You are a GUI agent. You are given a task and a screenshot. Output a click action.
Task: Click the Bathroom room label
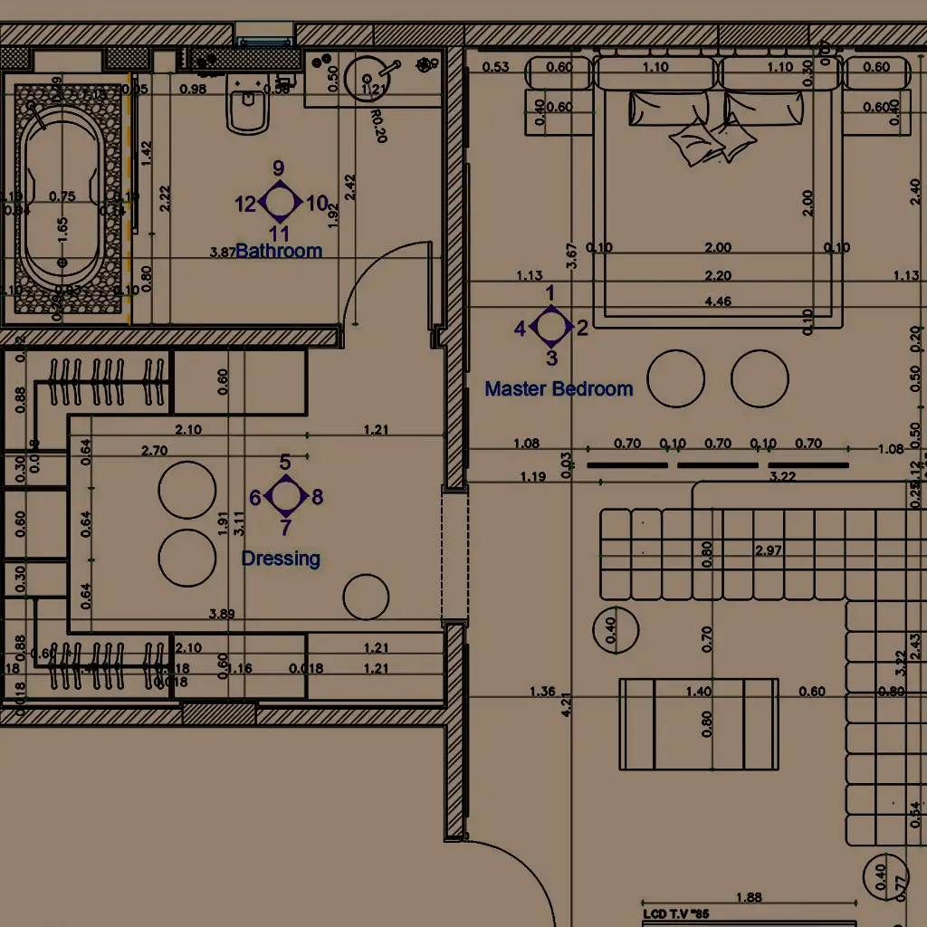[279, 251]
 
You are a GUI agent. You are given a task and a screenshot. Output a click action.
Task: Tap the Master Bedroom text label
[559, 388]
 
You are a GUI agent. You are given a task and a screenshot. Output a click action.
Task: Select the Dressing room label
[281, 559]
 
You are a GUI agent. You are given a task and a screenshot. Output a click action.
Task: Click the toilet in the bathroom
[247, 110]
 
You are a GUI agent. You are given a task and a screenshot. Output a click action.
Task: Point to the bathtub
[62, 200]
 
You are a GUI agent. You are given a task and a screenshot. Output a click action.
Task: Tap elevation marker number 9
[279, 168]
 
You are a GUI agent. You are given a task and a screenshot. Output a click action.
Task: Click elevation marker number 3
[552, 358]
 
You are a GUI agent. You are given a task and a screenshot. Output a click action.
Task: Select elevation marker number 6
[255, 497]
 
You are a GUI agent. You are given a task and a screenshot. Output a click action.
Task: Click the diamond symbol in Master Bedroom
[550, 327]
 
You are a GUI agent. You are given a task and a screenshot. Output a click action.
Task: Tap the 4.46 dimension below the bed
[718, 301]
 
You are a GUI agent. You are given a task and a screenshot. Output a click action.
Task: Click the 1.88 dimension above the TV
[749, 897]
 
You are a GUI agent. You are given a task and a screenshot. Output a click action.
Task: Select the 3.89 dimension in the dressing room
[222, 614]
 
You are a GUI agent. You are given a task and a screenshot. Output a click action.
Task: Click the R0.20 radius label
[378, 126]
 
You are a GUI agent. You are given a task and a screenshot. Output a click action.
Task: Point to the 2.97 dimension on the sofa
[769, 550]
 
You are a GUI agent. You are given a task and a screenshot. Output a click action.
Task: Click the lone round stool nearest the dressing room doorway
[366, 597]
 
